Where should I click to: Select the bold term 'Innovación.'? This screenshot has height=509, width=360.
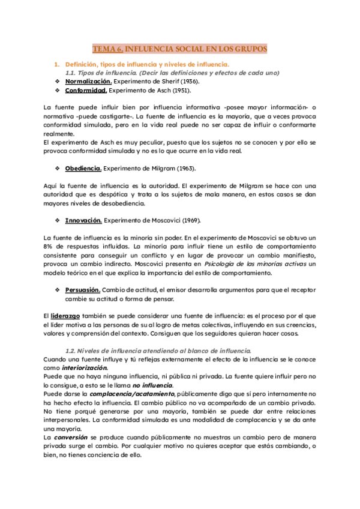(83, 220)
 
